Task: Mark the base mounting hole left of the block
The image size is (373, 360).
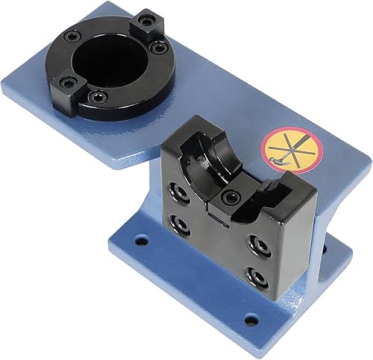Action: click(140, 240)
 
